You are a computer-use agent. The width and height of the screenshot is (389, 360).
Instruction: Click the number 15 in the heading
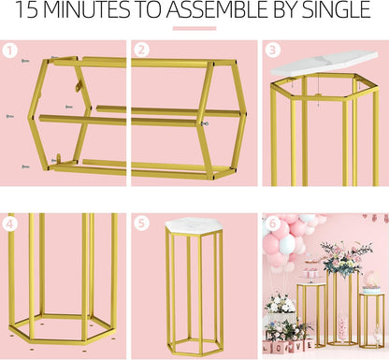pyautogui.click(x=26, y=10)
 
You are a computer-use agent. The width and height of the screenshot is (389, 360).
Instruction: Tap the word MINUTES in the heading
pyautogui.click(x=87, y=10)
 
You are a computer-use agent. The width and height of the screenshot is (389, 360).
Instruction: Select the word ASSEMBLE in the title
pyautogui.click(x=217, y=10)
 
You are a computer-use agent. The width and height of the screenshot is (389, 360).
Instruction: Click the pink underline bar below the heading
pyautogui.click(x=194, y=28)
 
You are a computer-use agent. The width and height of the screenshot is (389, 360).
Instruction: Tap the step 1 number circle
pyautogui.click(x=10, y=50)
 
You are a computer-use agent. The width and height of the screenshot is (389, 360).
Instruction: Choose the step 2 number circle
pyautogui.click(x=142, y=50)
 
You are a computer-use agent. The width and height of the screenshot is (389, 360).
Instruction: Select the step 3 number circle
pyautogui.click(x=273, y=50)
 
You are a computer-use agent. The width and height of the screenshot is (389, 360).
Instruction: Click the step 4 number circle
pyautogui.click(x=10, y=223)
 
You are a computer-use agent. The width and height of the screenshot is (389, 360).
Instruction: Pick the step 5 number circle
pyautogui.click(x=142, y=223)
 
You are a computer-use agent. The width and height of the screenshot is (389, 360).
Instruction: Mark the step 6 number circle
pyautogui.click(x=272, y=223)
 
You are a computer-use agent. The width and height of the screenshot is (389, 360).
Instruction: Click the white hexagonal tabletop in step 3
pyautogui.click(x=324, y=64)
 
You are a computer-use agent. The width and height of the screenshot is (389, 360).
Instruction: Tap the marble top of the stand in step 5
pyautogui.click(x=194, y=224)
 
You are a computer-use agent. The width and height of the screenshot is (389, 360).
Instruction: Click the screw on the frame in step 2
pyautogui.click(x=205, y=124)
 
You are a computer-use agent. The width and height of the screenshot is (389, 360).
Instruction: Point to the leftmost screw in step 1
pyautogui.click(x=10, y=117)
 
